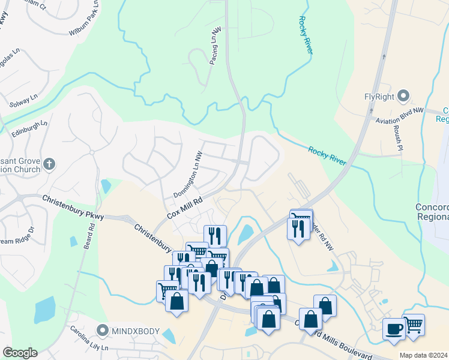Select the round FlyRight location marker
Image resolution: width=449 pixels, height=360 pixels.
tap(403, 95)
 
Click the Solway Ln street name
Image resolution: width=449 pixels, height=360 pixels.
tap(22, 100)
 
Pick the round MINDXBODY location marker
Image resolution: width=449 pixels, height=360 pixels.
tap(103, 331)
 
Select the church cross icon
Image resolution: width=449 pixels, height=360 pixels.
tap(50, 163)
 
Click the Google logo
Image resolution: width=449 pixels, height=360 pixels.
tap(20, 353)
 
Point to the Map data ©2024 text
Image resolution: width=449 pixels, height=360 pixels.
tap(424, 355)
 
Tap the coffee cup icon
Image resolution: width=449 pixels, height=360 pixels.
tap(394, 329)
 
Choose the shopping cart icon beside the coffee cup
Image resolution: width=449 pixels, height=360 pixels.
tap(413, 325)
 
